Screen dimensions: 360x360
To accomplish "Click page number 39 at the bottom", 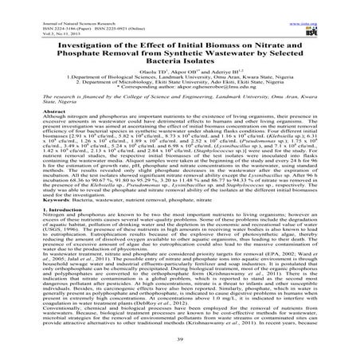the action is [x=180, y=350].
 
